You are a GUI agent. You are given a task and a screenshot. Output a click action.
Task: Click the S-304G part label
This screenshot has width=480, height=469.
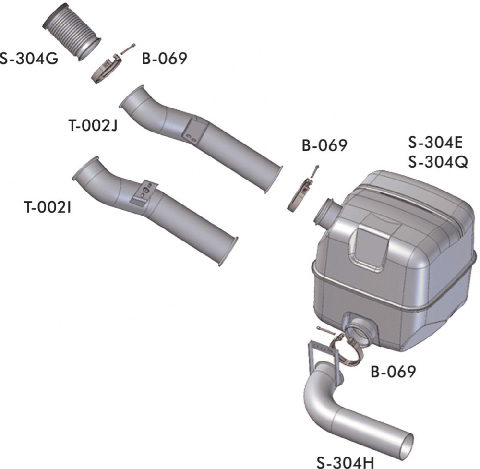29,59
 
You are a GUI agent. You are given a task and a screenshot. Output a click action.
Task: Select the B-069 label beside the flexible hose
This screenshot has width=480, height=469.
164,58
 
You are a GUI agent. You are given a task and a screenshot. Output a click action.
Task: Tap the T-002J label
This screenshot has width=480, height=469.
93,125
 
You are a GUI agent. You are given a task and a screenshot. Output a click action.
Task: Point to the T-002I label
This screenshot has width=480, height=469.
48,207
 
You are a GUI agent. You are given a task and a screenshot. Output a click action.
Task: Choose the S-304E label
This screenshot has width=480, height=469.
435,143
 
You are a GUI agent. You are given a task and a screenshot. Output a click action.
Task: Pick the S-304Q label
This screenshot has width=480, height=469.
438,162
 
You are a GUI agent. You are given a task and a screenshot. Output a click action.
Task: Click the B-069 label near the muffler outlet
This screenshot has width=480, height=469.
393,372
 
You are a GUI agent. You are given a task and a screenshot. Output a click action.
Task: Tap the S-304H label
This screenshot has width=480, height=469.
345,462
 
